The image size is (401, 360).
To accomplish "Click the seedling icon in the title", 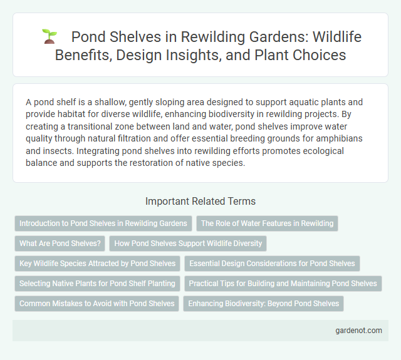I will (49, 37).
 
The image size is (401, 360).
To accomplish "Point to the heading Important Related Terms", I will (200, 201).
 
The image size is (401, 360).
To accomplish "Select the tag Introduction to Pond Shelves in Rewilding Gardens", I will (103, 223).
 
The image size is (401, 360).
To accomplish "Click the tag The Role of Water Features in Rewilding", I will (267, 223).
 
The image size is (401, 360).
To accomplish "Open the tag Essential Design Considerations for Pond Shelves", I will (272, 264).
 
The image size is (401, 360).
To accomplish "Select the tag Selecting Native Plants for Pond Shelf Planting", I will (97, 284).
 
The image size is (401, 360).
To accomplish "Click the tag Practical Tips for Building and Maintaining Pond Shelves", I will (283, 284).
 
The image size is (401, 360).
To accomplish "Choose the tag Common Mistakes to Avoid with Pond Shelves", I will (96, 304).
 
